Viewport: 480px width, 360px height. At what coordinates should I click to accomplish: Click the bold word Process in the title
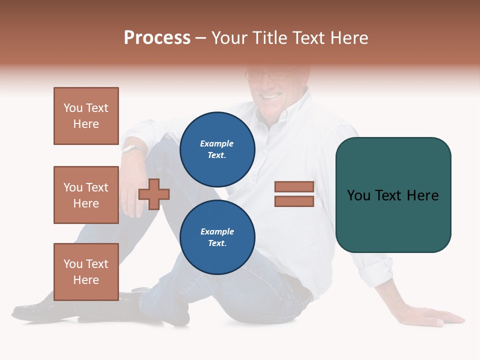tap(157, 38)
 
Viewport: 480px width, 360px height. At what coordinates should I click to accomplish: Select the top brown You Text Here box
tap(86, 116)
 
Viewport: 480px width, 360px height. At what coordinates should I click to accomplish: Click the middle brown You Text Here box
tap(86, 195)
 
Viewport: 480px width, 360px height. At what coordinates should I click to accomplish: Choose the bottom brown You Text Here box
tap(86, 271)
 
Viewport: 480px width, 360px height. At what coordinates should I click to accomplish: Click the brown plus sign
tap(154, 194)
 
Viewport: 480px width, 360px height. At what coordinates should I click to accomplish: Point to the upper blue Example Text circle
tap(217, 149)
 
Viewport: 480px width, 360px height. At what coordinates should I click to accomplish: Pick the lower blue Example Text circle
tap(217, 237)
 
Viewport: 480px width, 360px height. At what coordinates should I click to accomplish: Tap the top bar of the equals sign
tap(294, 186)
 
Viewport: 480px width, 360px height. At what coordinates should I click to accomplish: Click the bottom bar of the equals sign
tap(294, 201)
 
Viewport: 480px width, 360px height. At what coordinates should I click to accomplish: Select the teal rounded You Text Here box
tap(393, 195)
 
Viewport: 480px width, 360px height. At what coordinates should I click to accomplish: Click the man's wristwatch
tap(133, 149)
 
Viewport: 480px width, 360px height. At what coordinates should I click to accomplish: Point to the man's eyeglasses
tap(267, 75)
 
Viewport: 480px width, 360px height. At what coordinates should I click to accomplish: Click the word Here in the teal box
tap(422, 195)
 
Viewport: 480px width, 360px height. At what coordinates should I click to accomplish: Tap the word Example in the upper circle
tap(217, 143)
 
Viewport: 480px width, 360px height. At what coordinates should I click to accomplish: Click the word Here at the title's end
tap(346, 38)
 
